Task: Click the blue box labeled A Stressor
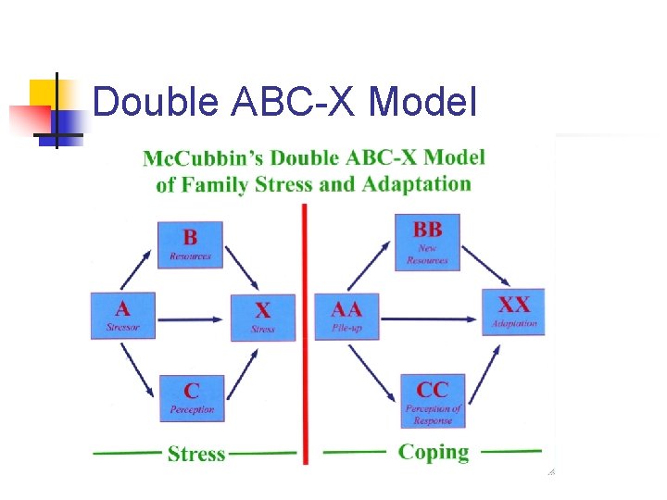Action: pos(123,316)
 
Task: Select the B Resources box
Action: pos(190,244)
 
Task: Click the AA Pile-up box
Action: pos(346,316)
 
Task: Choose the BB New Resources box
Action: pos(427,242)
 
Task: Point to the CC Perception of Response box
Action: pos(433,400)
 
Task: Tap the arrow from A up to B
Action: pos(136,268)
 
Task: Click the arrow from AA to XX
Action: pos(430,319)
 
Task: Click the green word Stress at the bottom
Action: pos(196,454)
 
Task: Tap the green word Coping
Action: pos(434,452)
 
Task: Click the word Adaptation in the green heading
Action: pos(417,183)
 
